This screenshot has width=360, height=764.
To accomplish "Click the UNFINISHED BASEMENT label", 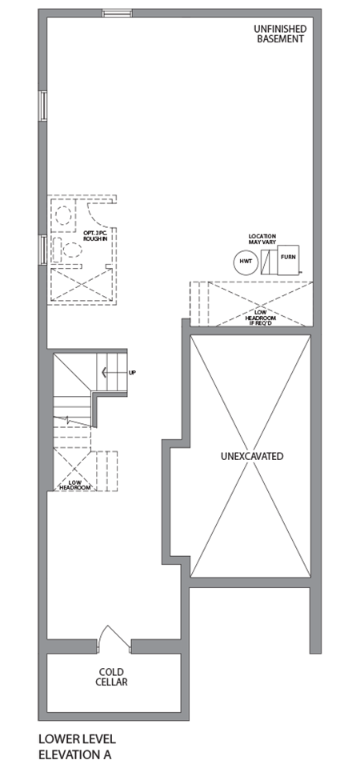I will point(280,34).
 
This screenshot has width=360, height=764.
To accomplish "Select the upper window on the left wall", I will point(42,106).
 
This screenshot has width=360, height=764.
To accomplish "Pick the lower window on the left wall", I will point(42,248).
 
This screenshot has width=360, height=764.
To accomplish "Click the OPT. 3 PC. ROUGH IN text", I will point(95,237).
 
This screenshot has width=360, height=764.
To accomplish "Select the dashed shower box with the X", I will point(78,284).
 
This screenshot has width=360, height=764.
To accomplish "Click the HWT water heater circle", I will point(244,262).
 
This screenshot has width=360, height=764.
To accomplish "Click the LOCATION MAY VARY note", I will point(262,240).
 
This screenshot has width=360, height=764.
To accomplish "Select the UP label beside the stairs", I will point(132,373).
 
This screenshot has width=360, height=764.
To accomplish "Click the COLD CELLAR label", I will point(113,677).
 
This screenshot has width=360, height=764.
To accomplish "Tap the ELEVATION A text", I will point(74,754).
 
